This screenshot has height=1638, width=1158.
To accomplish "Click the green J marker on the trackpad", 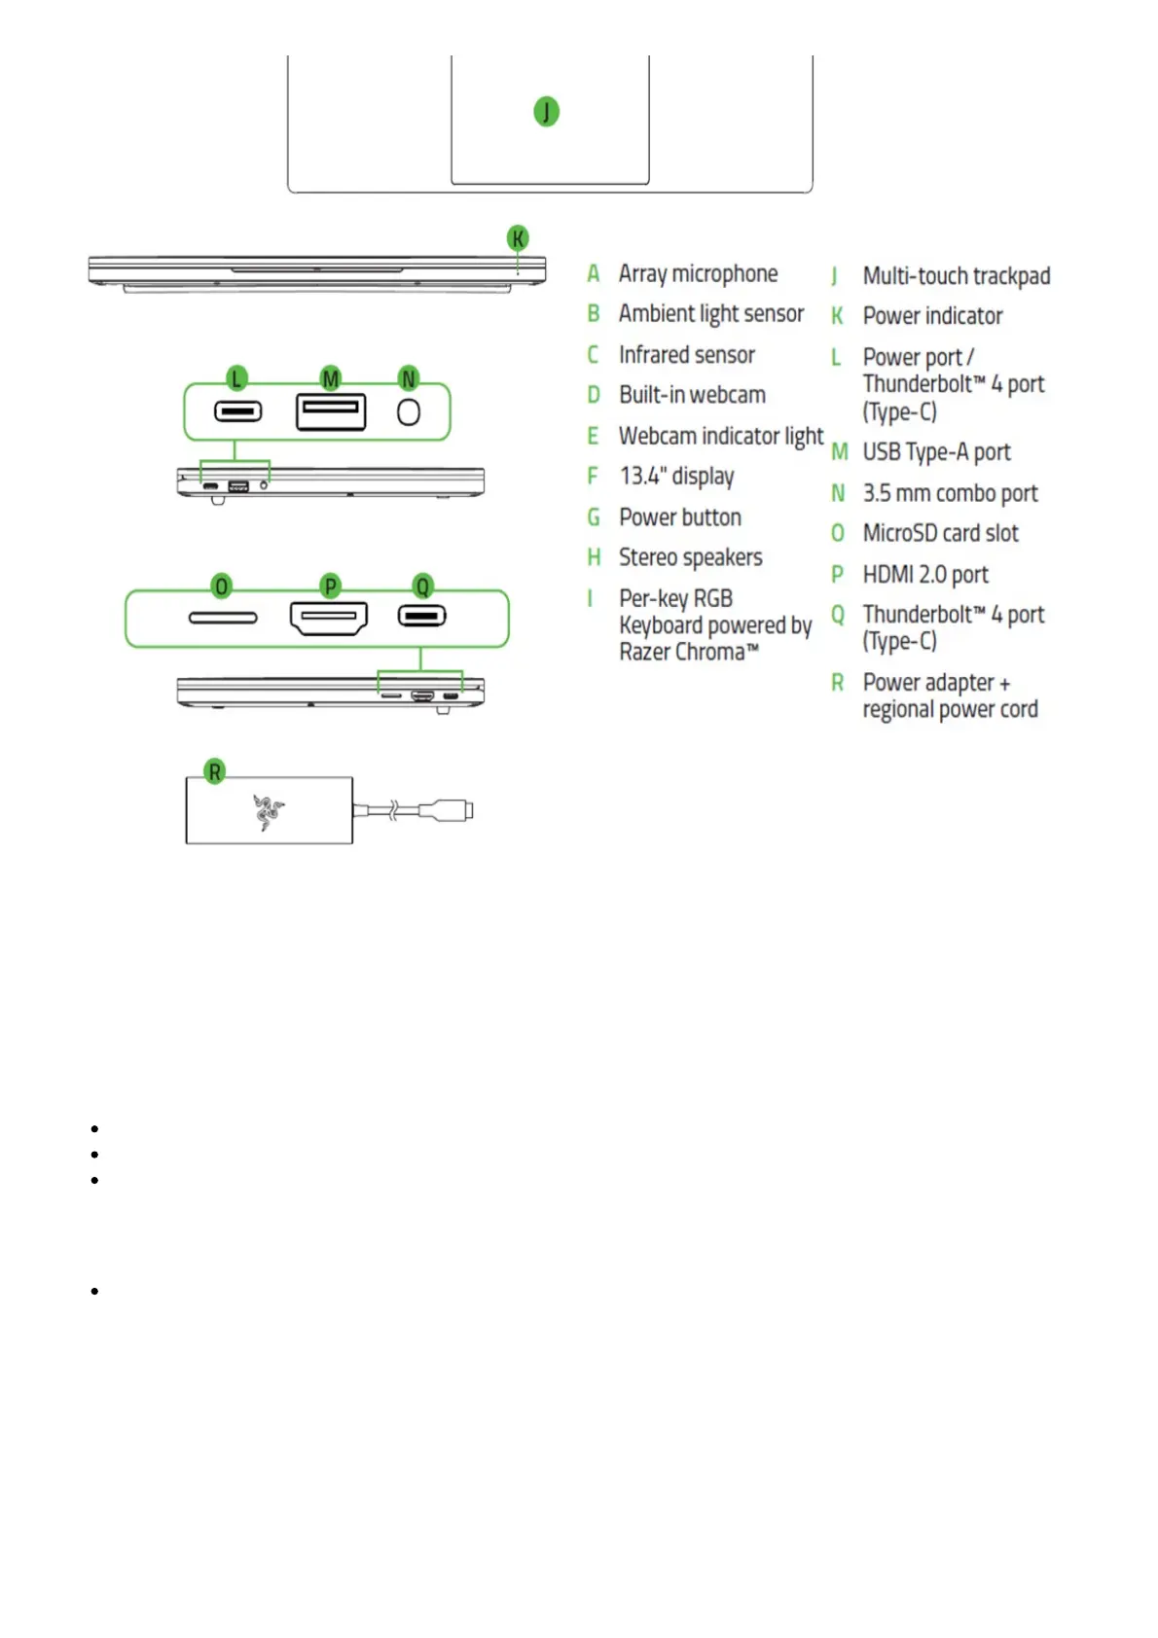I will (546, 112).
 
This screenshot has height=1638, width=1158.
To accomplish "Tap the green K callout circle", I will (518, 238).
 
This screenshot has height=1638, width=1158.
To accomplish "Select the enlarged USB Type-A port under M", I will (331, 411).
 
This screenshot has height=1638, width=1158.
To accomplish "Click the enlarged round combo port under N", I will (409, 412).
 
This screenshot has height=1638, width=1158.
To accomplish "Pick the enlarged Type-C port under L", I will (237, 412).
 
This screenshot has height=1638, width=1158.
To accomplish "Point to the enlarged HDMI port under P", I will (329, 618).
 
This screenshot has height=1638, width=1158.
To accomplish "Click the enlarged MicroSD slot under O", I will (223, 618).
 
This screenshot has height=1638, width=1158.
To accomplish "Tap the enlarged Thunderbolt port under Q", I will (421, 617).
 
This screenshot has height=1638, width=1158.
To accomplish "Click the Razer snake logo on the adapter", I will (267, 811).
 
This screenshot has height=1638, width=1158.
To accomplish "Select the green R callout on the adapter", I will (215, 772).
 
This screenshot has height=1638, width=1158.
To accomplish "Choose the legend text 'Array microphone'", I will (698, 274).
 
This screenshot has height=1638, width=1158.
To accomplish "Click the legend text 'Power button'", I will (679, 517).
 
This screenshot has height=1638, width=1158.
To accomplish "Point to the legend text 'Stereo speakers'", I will (690, 557).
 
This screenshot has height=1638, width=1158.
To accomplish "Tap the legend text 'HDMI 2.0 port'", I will (925, 575).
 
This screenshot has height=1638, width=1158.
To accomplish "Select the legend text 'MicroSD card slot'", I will (940, 533).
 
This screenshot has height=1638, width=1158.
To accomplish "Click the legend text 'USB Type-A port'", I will (936, 452).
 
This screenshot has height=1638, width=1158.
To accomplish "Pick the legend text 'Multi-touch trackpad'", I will (956, 276).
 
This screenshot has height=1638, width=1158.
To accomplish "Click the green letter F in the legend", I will (593, 477).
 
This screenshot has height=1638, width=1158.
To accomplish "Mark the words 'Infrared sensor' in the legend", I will (686, 355).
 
